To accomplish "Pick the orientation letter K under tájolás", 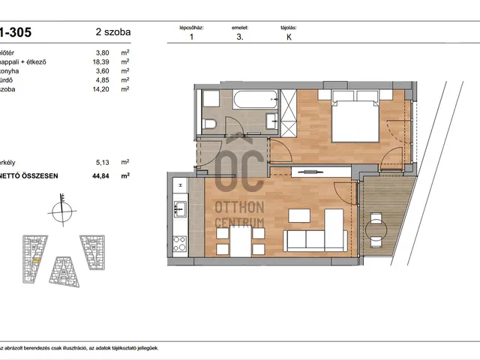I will [x=289, y=36].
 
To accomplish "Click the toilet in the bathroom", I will [x=211, y=124].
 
